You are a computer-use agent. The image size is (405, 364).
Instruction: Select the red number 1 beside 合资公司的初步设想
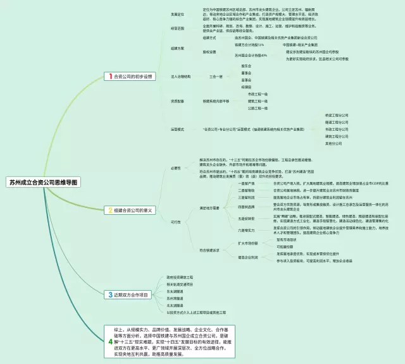pyautogui.click(x=110, y=76)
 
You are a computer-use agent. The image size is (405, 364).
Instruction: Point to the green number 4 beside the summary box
pyautogui.click(x=110, y=341)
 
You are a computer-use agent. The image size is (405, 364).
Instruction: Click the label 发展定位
pyautogui.click(x=178, y=13)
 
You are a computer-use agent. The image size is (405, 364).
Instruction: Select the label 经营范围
pyautogui.click(x=178, y=28)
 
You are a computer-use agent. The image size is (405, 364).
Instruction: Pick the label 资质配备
pyautogui.click(x=178, y=100)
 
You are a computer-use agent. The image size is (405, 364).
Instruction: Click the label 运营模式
pyautogui.click(x=178, y=129)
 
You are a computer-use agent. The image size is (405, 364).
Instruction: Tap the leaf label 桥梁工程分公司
pyautogui.click(x=337, y=115)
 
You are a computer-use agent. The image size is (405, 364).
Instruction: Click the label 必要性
pyautogui.click(x=176, y=167)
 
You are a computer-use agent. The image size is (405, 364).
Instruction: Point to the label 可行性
pyautogui.click(x=176, y=222)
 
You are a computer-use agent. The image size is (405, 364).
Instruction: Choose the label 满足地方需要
pyautogui.click(x=209, y=207)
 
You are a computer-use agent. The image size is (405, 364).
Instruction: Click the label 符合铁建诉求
pyautogui.click(x=209, y=250)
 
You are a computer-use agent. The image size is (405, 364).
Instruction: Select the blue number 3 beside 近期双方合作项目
pyautogui.click(x=110, y=294)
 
